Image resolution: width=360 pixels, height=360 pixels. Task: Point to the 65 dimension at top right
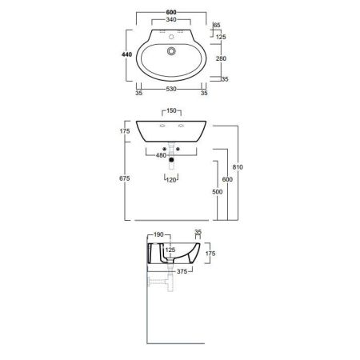coord(217,26)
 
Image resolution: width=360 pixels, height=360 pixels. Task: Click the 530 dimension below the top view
coord(172,92)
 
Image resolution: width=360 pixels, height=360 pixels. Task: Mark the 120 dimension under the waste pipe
coord(170,181)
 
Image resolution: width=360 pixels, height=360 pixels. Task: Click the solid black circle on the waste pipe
coord(171,166)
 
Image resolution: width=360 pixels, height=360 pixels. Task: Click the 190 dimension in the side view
coord(158,235)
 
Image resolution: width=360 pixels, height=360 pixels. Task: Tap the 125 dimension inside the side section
coord(169,250)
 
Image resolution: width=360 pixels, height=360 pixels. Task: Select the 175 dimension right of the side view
coord(211,253)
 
